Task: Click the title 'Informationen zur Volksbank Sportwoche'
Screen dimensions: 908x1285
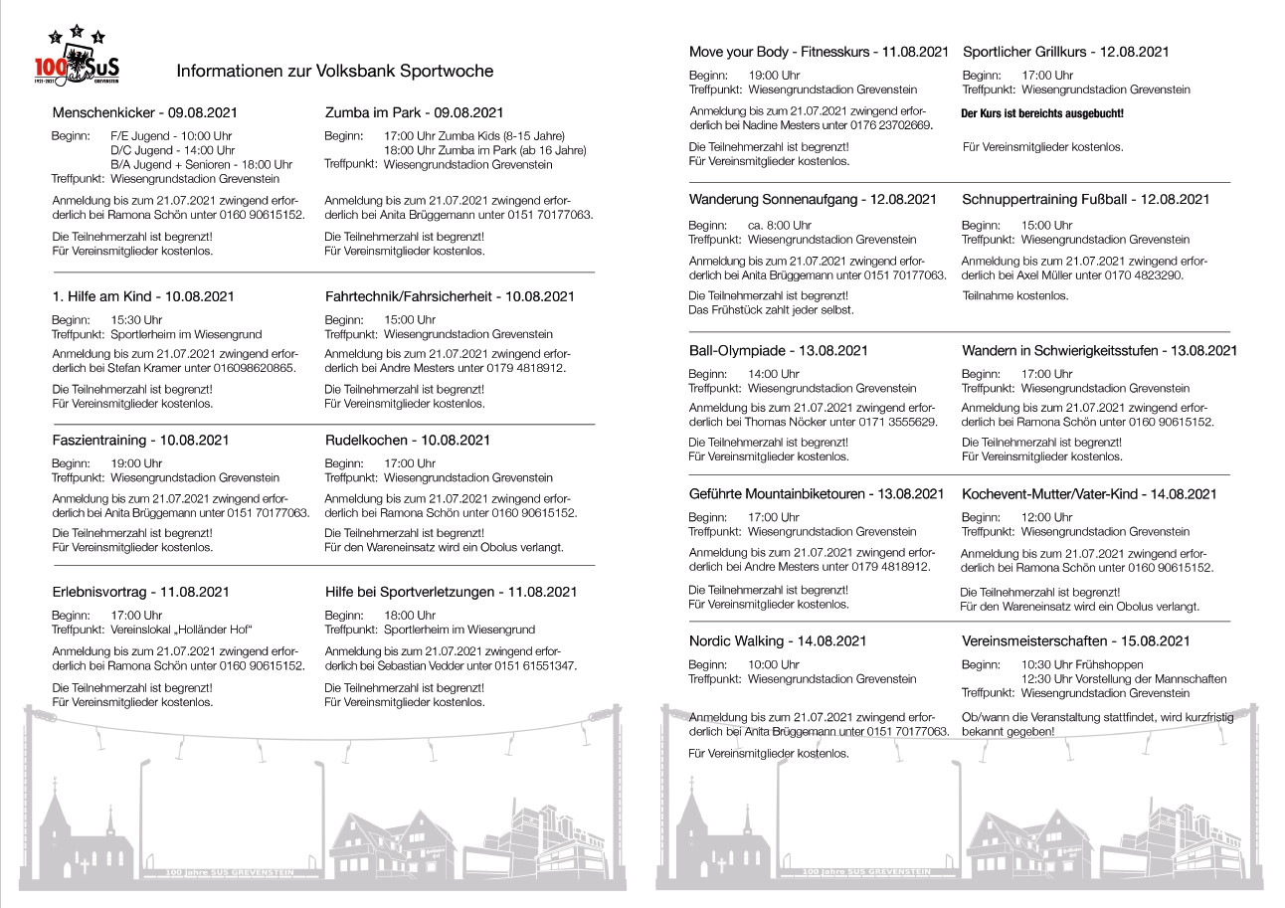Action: click(x=334, y=72)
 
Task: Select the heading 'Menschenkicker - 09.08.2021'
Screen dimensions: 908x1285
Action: click(x=144, y=113)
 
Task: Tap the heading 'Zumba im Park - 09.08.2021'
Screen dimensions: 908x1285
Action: click(x=414, y=113)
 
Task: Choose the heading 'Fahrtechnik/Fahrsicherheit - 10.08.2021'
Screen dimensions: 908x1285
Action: click(x=450, y=296)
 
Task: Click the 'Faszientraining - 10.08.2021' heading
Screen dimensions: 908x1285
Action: click(x=140, y=441)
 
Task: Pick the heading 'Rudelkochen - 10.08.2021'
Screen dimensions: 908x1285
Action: click(x=407, y=441)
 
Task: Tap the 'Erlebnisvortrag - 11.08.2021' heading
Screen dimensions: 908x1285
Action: click(x=140, y=592)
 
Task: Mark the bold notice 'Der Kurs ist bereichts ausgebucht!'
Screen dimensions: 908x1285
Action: click(x=1042, y=114)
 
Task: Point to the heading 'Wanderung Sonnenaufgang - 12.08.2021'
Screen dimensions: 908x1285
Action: click(x=813, y=200)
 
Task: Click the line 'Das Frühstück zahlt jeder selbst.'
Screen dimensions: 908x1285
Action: click(x=771, y=310)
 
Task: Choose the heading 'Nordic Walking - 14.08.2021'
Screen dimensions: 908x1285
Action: click(x=778, y=641)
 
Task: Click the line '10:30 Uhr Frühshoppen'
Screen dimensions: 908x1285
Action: click(x=1082, y=664)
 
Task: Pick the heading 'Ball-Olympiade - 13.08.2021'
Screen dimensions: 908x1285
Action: click(x=779, y=351)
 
